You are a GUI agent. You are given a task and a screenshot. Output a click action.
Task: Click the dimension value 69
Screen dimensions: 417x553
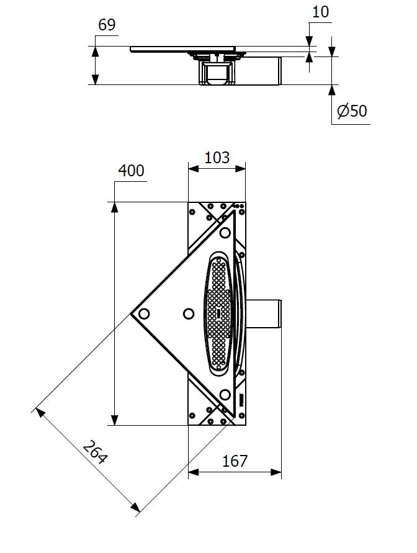coord(107,25)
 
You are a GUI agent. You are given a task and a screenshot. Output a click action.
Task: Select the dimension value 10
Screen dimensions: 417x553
coord(320,12)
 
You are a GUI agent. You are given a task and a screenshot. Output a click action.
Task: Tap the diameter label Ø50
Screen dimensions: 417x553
coord(352,110)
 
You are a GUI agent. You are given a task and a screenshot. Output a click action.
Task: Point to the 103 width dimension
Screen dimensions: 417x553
coord(217,157)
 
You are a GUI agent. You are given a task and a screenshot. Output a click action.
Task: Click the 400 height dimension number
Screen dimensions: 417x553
coord(131,171)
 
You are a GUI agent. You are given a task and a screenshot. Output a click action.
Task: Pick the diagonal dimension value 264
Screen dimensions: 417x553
coord(95,452)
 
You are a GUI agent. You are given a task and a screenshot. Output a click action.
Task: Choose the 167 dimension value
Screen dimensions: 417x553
coord(235,461)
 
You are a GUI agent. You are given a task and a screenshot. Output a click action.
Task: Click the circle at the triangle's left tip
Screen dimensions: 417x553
coord(144,313)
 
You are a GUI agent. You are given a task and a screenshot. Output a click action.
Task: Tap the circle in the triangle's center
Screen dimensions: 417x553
coord(189,313)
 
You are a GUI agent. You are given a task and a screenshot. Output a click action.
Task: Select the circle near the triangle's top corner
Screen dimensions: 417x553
coord(225,233)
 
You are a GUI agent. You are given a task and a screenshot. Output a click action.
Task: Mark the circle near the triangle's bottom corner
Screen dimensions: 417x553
coord(225,395)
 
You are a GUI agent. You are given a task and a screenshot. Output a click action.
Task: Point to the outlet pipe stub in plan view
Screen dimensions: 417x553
coord(263,313)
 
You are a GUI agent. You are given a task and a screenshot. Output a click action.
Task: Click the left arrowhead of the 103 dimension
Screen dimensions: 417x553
coord(193,169)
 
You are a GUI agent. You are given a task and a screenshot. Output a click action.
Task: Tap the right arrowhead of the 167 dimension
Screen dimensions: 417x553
coord(276,472)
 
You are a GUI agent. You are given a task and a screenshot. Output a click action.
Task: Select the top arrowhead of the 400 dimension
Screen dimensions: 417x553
coord(114,207)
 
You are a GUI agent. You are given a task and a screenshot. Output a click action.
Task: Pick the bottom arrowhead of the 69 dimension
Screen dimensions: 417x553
coord(95,79)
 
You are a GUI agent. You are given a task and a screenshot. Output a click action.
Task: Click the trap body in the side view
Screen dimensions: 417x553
coord(217,73)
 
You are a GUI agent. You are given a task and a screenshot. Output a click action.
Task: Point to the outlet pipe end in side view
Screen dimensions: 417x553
coord(280,71)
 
